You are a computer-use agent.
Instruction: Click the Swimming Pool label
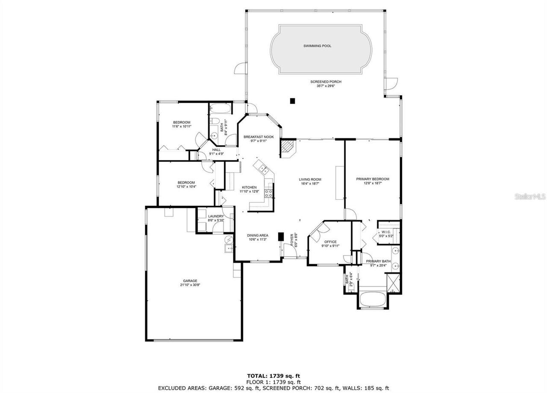pos(317,46)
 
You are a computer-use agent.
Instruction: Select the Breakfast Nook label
pos(259,137)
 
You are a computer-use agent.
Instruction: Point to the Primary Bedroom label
pos(373,179)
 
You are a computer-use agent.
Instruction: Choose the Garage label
pos(190,281)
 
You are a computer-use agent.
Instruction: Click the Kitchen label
pos(249,188)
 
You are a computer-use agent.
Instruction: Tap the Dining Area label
pos(258,235)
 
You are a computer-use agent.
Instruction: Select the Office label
pos(330,242)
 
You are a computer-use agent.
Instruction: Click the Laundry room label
pos(216,216)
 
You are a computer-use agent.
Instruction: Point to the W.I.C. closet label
pos(387,232)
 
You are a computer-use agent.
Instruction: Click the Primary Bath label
pos(378,261)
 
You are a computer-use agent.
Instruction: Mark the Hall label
pos(217,150)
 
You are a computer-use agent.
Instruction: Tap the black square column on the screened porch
pos(293,101)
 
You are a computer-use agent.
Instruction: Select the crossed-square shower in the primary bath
pos(393,282)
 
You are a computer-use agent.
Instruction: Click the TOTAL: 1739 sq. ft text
pos(273,376)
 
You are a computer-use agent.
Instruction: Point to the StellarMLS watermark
pos(530,197)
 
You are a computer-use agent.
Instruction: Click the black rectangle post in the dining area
pos(281,237)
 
